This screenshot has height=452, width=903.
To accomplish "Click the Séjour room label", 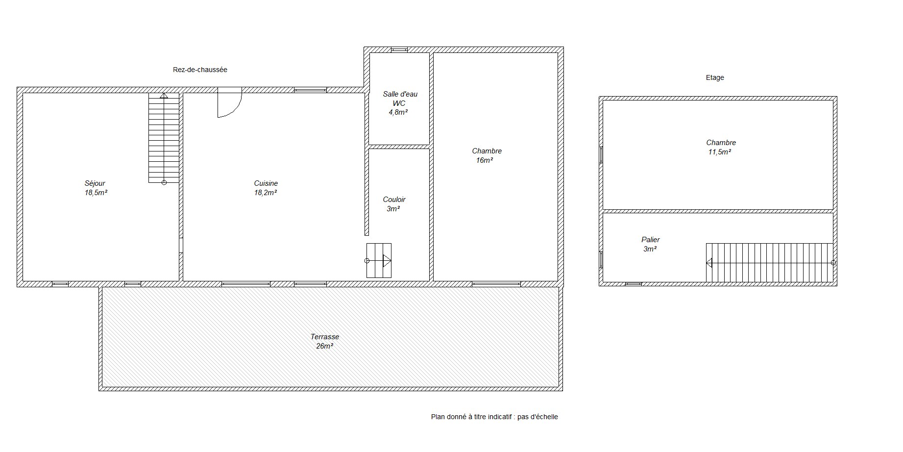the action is click(96, 188).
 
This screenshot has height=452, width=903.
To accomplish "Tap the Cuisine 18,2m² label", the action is click(266, 188).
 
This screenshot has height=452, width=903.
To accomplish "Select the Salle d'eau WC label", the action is click(400, 103).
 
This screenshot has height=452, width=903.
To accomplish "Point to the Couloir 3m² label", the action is click(394, 204).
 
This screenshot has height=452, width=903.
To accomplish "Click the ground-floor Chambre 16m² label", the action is click(486, 155).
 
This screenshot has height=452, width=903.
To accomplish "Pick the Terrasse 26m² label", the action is click(324, 341).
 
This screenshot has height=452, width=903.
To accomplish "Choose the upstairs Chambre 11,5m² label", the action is click(720, 147).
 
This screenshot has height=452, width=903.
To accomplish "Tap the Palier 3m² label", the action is click(650, 244).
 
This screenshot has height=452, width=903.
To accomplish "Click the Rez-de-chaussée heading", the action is click(200, 70).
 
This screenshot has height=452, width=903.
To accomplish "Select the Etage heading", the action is click(715, 77).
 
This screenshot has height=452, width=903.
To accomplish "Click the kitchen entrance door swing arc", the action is click(237, 109).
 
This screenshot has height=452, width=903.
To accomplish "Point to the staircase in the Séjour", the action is click(164, 138).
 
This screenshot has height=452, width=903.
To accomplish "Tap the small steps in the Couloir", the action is click(379, 260).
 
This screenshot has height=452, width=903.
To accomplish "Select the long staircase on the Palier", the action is click(770, 263).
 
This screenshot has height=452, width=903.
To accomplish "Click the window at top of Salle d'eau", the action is click(399, 50).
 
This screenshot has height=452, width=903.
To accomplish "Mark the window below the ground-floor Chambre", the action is click(496, 284).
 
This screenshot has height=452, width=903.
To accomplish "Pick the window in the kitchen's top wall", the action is click(310, 90).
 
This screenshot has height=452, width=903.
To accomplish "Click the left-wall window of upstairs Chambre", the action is click(601, 154).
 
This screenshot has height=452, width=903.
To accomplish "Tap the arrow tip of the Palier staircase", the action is click(707, 263).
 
